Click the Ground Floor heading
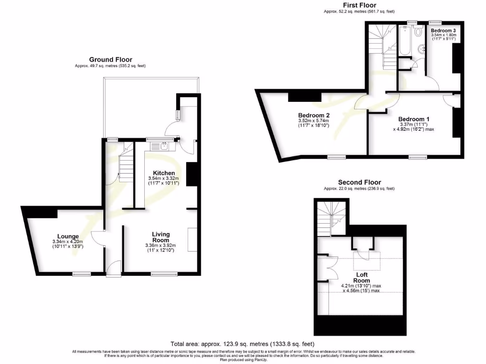coord(111,59)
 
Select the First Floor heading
coord(360,5)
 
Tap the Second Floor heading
coord(359,182)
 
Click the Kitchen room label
coord(164,173)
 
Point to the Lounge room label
coord(68,236)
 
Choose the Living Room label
coord(161,237)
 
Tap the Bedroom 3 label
coord(443,30)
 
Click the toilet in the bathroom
coord(418,32)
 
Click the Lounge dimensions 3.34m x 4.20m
coord(68,242)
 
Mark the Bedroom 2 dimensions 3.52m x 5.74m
coord(313,121)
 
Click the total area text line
coord(243,344)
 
